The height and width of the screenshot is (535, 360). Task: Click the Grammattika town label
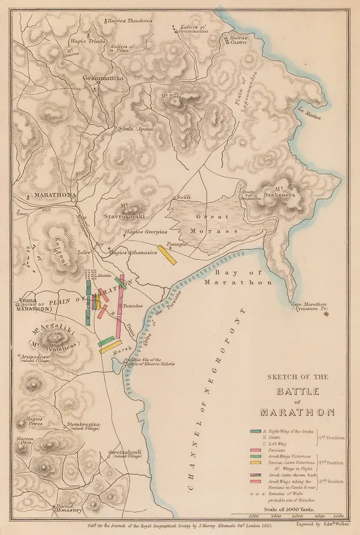[107, 78]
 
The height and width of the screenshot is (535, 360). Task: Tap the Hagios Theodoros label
[128, 20]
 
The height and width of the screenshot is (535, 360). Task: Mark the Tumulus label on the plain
[131, 305]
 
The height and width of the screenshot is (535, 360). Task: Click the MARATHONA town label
[54, 196]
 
